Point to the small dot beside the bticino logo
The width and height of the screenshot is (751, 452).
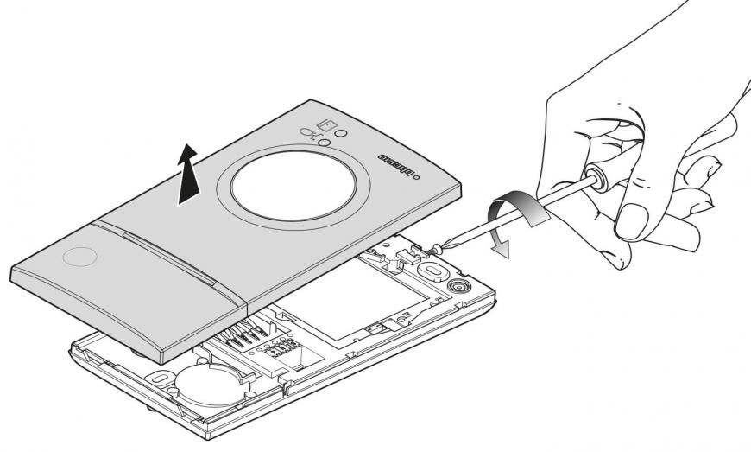(419, 179)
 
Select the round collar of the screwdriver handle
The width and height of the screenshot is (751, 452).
(594, 175)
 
